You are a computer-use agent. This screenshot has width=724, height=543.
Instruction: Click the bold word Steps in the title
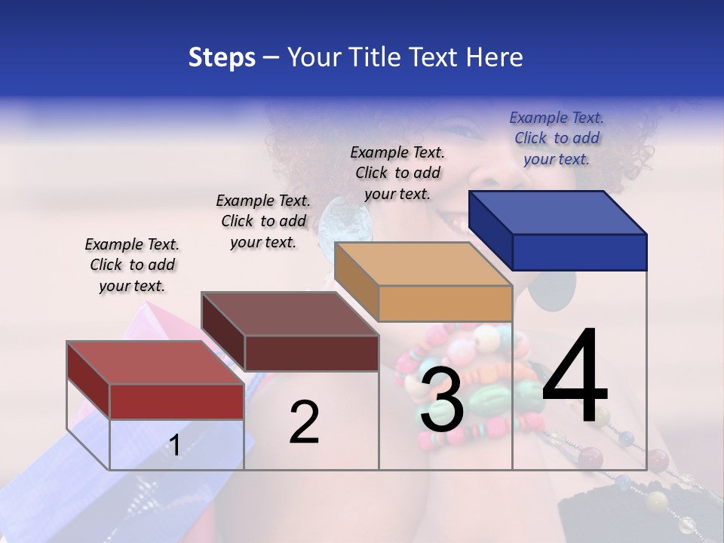click(x=222, y=57)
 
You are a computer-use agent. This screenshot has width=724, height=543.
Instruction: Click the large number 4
click(x=575, y=376)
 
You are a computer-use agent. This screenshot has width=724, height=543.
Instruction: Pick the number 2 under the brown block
click(x=304, y=422)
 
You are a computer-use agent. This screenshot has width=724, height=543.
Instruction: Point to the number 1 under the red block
click(x=174, y=445)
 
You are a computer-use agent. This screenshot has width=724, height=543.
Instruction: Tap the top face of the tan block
click(x=423, y=264)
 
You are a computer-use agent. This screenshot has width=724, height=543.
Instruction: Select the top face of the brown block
click(x=290, y=314)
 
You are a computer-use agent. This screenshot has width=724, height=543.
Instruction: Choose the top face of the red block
click(x=155, y=363)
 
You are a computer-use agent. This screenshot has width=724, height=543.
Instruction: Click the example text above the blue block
click(x=557, y=138)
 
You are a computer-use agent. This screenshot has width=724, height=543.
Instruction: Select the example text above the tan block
click(x=397, y=173)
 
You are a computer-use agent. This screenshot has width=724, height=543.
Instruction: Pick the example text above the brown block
click(x=263, y=221)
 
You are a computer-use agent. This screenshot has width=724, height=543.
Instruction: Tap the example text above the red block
click(x=132, y=265)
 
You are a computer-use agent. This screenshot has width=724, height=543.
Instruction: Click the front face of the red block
click(x=176, y=401)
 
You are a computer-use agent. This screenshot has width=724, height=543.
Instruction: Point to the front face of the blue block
click(x=579, y=252)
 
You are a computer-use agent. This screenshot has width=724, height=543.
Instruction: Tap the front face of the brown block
click(x=311, y=353)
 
